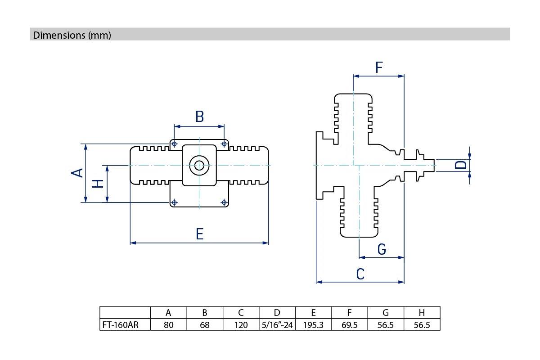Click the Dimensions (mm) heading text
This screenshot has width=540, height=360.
click(x=72, y=35)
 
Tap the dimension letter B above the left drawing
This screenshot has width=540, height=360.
click(x=200, y=117)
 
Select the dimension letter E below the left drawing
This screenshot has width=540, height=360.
click(x=200, y=234)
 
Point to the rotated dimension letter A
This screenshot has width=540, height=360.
click(x=77, y=173)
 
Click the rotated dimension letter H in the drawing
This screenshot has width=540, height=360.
click(x=98, y=184)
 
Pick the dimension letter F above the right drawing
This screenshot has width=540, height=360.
click(x=379, y=67)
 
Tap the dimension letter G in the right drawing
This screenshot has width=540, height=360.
click(x=382, y=249)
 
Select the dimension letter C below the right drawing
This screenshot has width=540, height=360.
click(x=360, y=274)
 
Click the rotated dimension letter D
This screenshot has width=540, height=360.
click(x=461, y=165)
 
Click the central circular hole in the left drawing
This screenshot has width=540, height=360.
click(x=199, y=166)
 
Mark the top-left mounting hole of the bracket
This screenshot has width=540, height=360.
click(x=174, y=144)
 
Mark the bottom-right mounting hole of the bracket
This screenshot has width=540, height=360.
click(x=224, y=202)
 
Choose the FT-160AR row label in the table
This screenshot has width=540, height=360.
click(x=121, y=325)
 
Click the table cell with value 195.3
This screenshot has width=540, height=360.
click(x=313, y=325)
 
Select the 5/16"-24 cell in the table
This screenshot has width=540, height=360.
click(x=277, y=325)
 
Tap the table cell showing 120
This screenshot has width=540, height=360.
click(x=241, y=325)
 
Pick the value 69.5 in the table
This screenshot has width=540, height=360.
click(x=350, y=325)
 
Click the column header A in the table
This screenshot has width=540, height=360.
click(x=168, y=313)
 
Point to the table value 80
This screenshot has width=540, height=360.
click(x=168, y=325)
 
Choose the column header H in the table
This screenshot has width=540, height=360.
click(x=422, y=313)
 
